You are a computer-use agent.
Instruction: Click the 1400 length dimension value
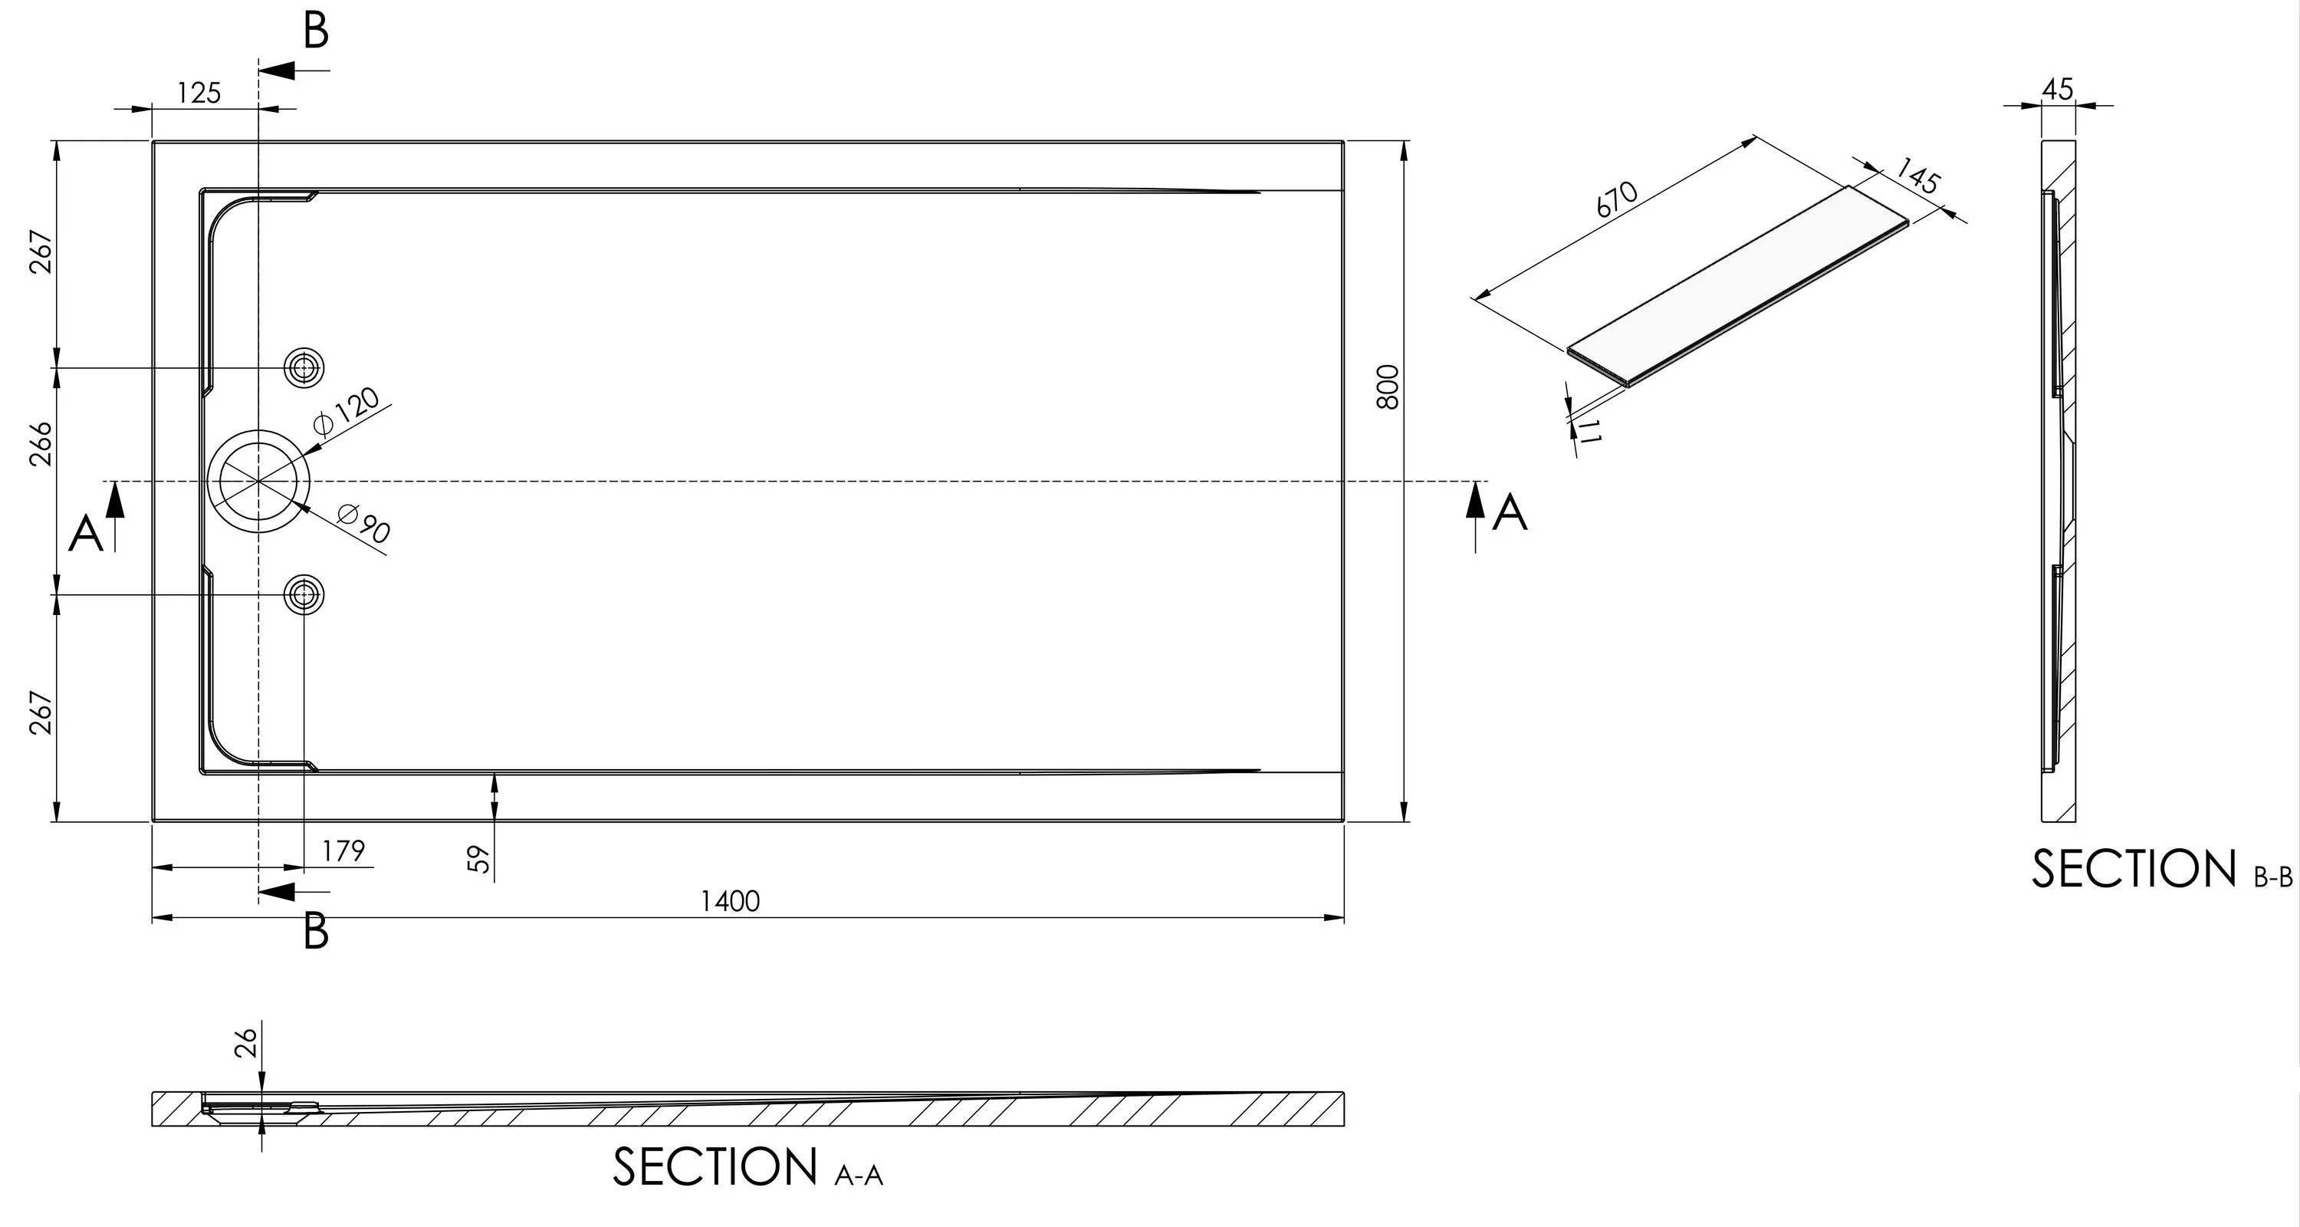click(731, 901)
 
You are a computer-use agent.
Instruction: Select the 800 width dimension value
click(1387, 387)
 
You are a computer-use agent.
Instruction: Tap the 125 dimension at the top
click(199, 93)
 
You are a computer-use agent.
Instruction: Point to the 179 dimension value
click(343, 851)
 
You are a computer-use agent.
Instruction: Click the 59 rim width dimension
click(479, 859)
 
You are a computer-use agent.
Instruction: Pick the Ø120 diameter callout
click(347, 413)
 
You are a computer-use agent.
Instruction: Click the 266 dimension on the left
click(42, 443)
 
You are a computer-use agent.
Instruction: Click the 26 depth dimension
click(245, 1042)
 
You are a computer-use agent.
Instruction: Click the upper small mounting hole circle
click(304, 367)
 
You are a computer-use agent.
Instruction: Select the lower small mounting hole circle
click(304, 594)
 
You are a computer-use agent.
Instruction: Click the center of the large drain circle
click(259, 480)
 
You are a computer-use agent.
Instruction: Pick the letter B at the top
click(316, 31)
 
